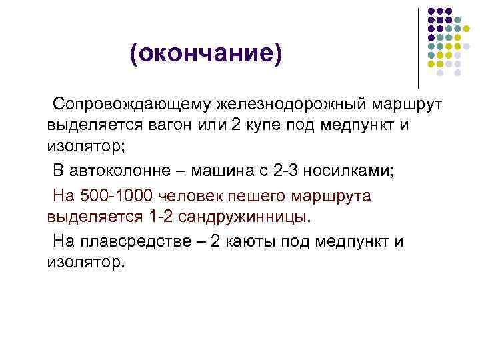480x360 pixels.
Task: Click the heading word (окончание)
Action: (x=206, y=55)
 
